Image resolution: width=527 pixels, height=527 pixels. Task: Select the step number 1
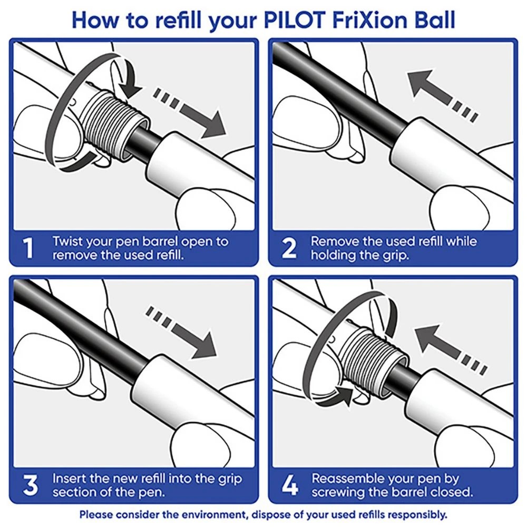[30, 248]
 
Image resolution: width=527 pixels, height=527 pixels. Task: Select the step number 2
[288, 248]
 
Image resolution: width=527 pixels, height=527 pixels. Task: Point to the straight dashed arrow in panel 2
[443, 92]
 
